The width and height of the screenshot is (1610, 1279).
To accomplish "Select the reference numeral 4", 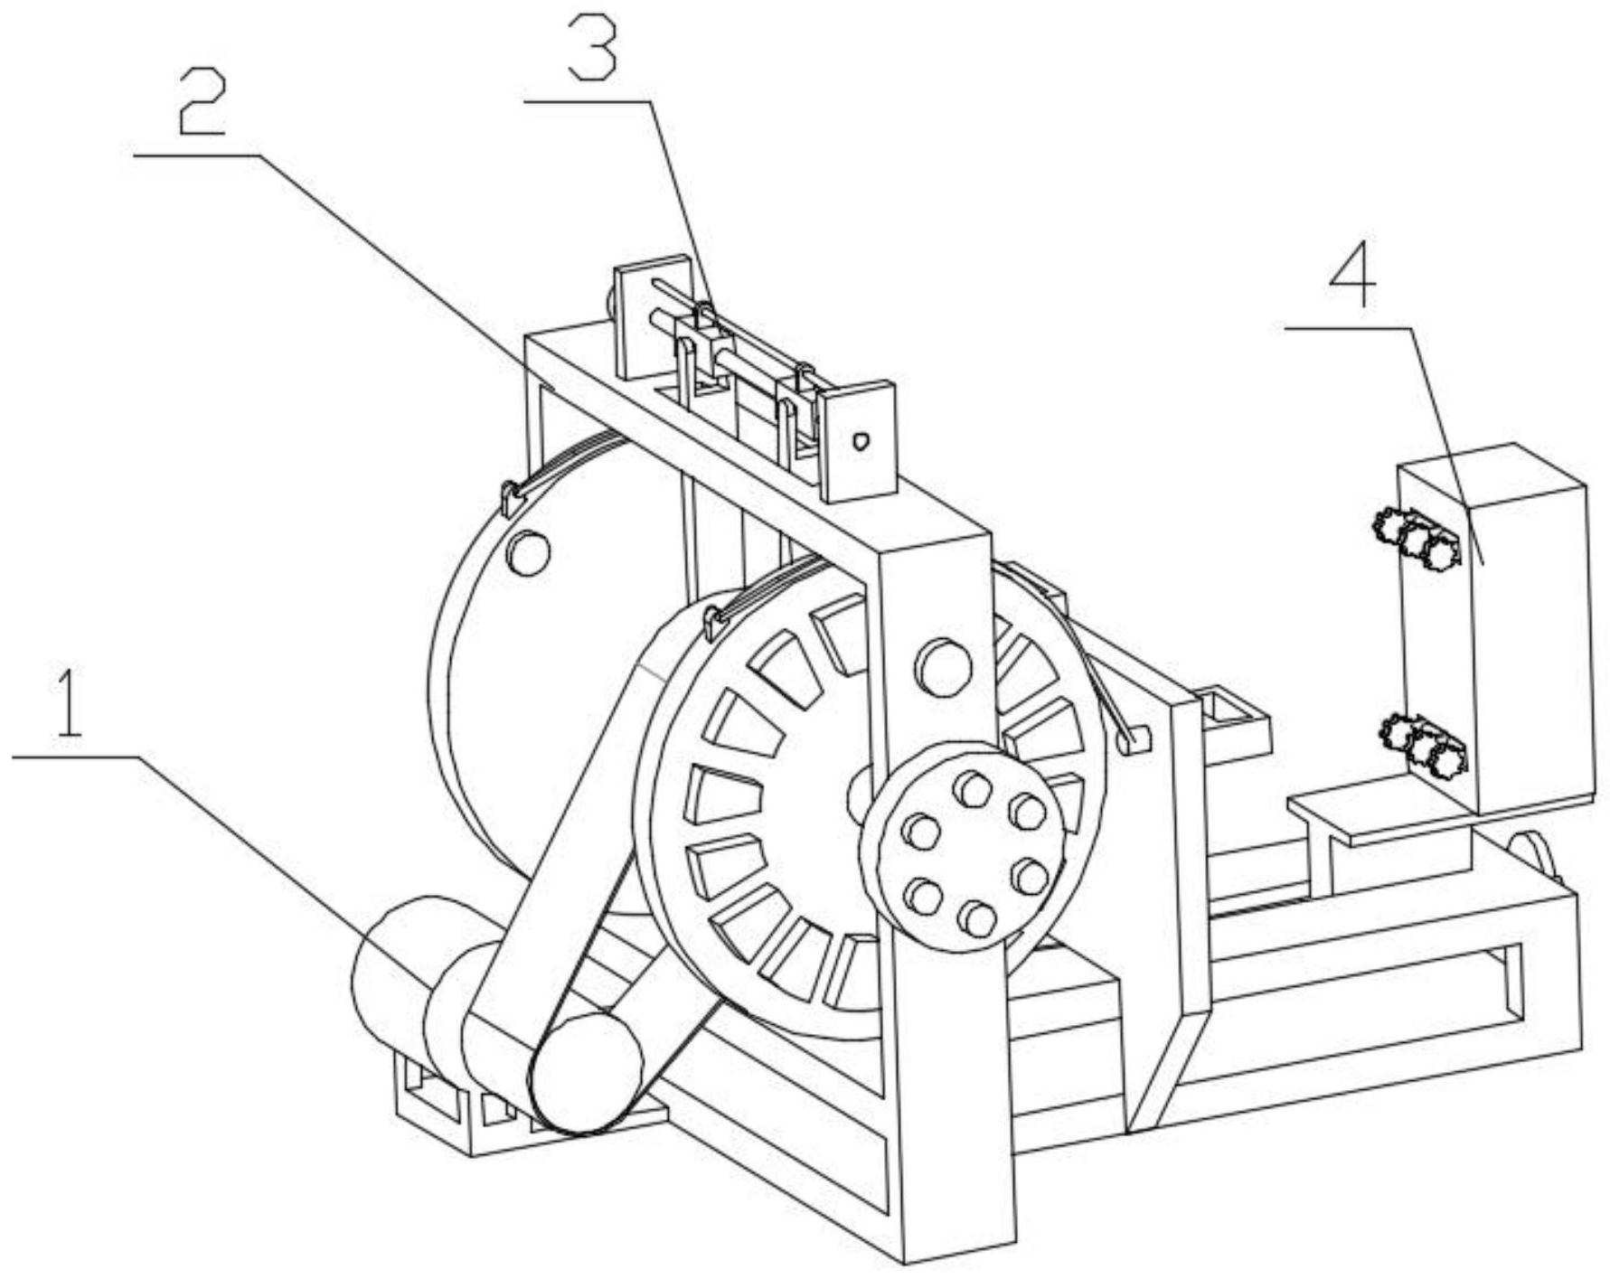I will pyautogui.click(x=1352, y=272).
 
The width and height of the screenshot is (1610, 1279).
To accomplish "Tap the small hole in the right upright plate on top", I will pyautogui.click(x=861, y=441).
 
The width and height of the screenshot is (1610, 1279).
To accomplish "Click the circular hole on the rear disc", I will pyautogui.click(x=528, y=553).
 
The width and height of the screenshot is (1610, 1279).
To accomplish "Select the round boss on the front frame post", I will pyautogui.click(x=943, y=667).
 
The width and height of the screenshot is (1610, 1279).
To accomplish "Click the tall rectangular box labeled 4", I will pyautogui.click(x=1528, y=633).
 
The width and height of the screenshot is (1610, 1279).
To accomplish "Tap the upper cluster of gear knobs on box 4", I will pyautogui.click(x=1416, y=538).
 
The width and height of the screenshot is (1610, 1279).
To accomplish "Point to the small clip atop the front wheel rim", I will pyautogui.click(x=714, y=622).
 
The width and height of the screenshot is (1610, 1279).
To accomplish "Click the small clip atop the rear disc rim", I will pyautogui.click(x=512, y=497).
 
